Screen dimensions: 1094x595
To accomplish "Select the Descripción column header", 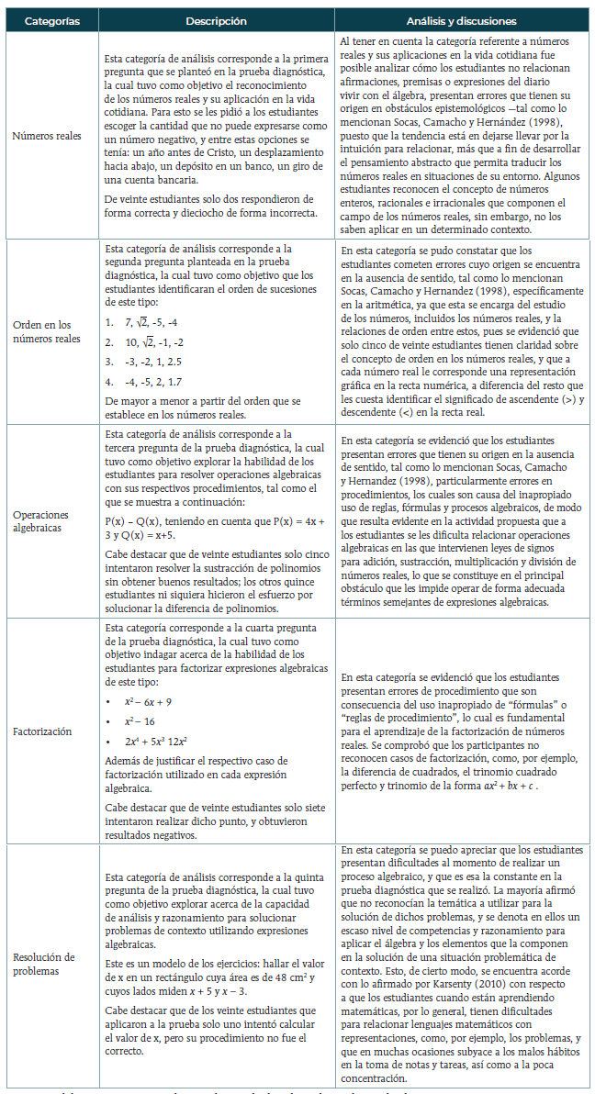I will [216, 20].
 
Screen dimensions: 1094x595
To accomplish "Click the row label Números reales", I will [47, 135].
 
